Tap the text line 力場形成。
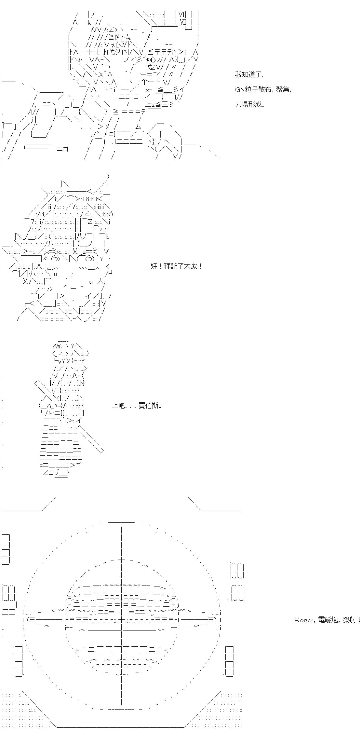coord(250,105)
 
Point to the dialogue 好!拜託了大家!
coord(176,266)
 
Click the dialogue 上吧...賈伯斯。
coord(137,406)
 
